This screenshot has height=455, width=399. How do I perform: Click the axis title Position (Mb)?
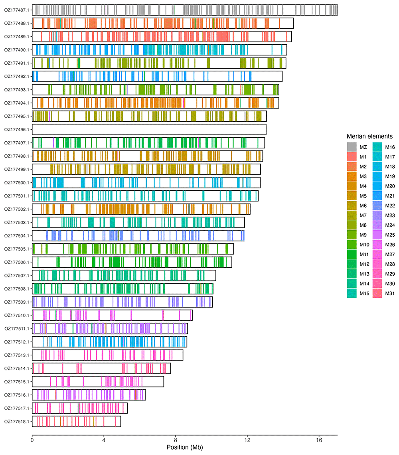184,447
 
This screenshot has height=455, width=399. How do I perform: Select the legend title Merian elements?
369,136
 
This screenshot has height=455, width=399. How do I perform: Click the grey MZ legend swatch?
352,147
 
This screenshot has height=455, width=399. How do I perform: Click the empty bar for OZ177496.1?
149,129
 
